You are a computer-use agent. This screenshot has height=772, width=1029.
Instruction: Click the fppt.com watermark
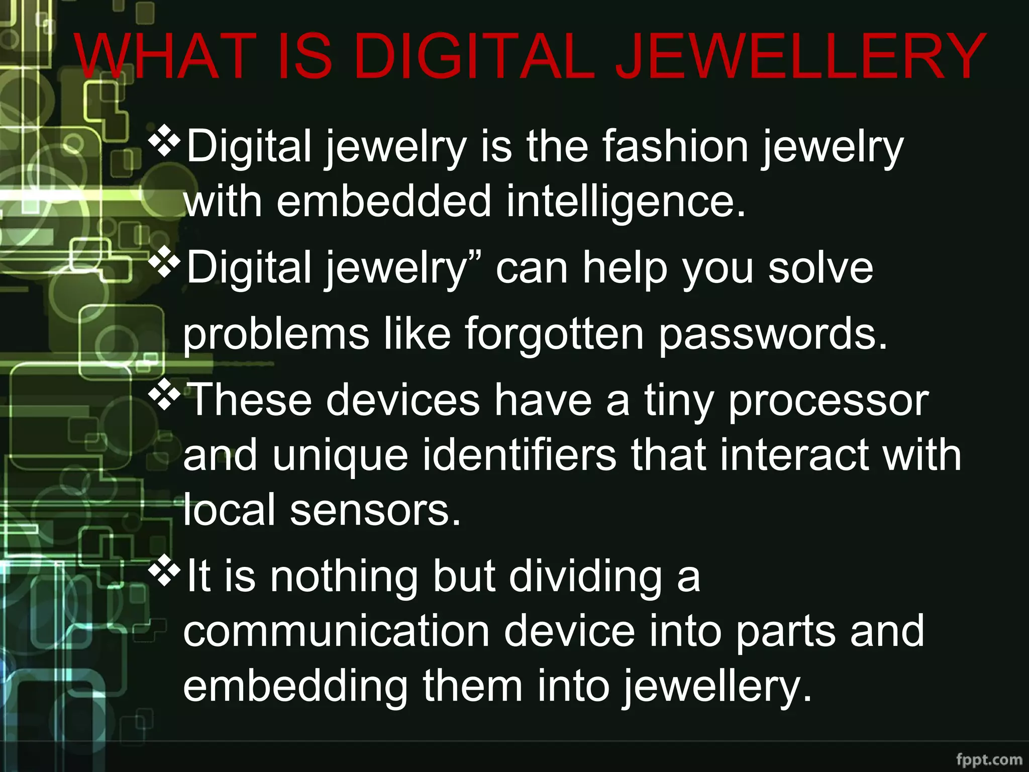[989, 759]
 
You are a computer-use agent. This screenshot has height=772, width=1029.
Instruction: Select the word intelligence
[626, 201]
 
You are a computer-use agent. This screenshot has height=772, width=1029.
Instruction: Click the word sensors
[375, 510]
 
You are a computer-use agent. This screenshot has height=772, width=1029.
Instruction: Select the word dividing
[585, 577]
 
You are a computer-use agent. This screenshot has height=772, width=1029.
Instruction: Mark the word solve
[820, 268]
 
